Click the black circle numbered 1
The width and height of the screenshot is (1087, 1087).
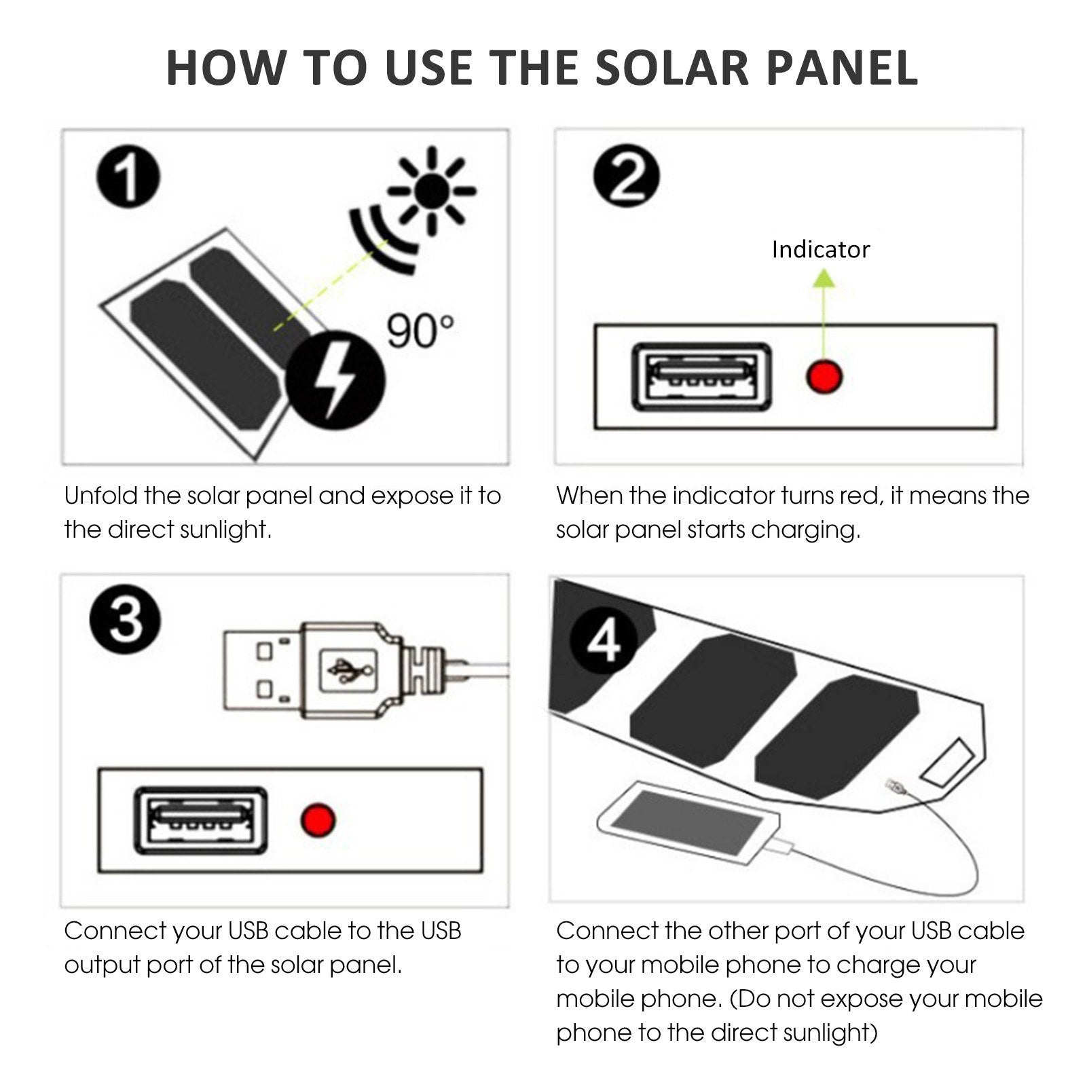128,179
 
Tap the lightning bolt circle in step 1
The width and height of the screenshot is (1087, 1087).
335,380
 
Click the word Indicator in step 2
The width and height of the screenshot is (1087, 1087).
820,250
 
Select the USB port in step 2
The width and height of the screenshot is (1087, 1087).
701,377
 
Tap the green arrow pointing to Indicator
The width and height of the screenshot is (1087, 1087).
824,306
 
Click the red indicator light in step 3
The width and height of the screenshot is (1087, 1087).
318,819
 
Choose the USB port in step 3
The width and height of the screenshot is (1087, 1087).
200,820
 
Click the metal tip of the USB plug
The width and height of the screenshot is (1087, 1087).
261,670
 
